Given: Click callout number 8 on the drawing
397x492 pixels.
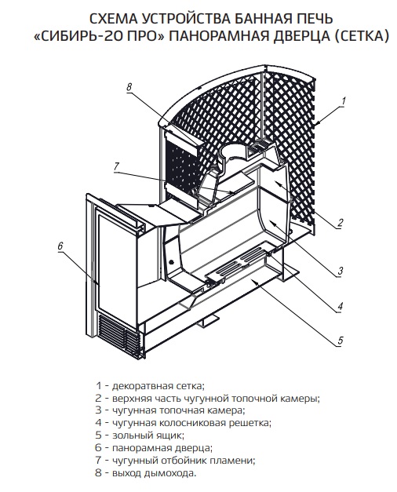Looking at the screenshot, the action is coord(129,87).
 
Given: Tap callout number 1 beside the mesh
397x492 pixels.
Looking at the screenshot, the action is coord(344,101).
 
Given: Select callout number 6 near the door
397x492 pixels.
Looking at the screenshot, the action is coord(60,246).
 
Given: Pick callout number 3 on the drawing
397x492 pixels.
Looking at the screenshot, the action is coord(341,271).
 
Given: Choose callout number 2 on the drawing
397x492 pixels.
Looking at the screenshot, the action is coord(341,223).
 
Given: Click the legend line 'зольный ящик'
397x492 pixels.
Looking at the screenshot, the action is coord(140,436).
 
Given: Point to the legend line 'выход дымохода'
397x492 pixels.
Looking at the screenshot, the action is coord(146,473).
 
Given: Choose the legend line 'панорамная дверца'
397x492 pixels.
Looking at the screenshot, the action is coord(154,448).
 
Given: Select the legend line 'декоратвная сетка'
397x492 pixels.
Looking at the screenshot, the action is coord(151,385).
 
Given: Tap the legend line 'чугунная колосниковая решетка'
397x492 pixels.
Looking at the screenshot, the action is coord(184,423).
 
